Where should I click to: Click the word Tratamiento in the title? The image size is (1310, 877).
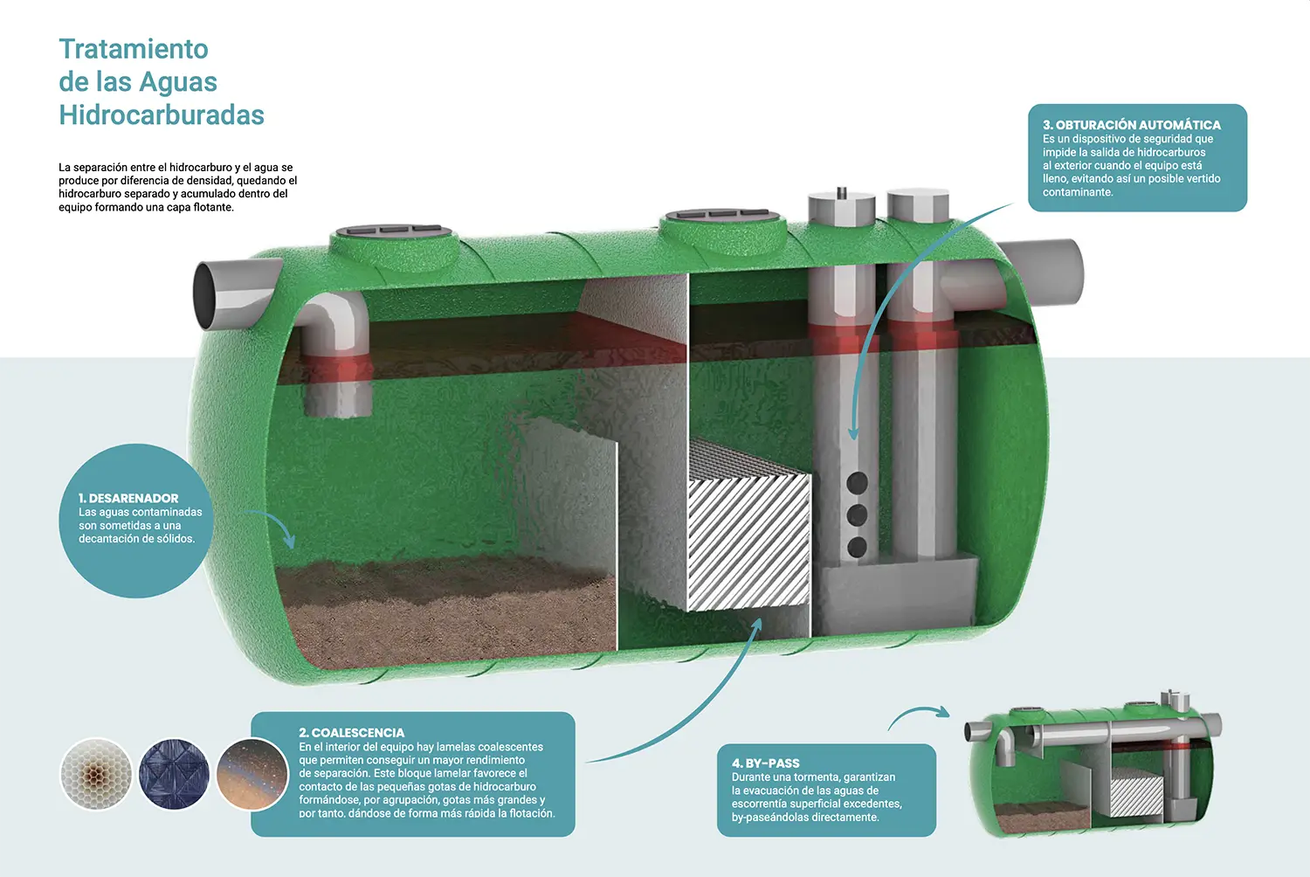pyautogui.click(x=134, y=49)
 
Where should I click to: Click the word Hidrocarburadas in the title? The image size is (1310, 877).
pyautogui.click(x=162, y=115)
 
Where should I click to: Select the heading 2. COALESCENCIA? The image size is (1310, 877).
pyautogui.click(x=352, y=732)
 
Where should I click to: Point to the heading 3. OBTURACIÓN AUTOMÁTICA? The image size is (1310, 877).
pyautogui.click(x=1132, y=125)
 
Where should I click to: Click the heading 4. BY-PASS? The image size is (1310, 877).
pyautogui.click(x=766, y=763)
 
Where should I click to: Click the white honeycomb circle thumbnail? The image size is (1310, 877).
pyautogui.click(x=96, y=774)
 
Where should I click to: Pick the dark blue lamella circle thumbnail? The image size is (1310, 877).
pyautogui.click(x=174, y=774)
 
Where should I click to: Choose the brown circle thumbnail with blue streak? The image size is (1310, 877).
pyautogui.click(x=252, y=774)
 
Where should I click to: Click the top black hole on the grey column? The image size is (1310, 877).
pyautogui.click(x=858, y=482)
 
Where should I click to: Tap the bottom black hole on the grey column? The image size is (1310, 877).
pyautogui.click(x=858, y=548)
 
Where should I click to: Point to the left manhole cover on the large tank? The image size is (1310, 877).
pyautogui.click(x=395, y=231)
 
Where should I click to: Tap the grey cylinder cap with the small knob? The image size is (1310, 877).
pyautogui.click(x=841, y=208)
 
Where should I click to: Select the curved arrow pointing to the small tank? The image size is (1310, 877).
pyautogui.click(x=917, y=716)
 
